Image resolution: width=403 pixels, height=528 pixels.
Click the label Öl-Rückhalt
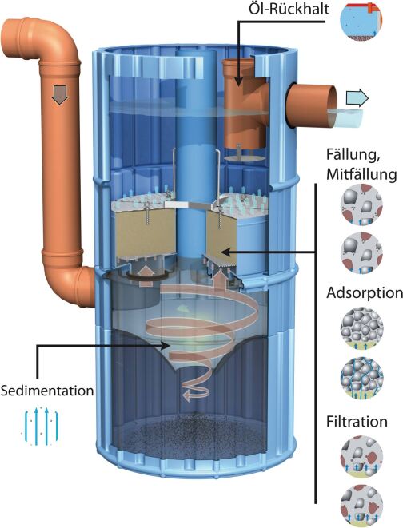289,9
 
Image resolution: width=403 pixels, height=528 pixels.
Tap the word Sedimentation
47,391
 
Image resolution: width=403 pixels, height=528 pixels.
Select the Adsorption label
365,293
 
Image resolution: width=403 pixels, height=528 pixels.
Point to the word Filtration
357,422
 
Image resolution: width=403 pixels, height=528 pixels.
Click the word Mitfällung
361,174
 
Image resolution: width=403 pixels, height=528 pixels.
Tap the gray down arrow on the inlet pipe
60,94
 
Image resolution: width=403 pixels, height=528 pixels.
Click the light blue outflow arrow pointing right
357,98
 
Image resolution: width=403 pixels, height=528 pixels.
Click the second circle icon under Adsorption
361,378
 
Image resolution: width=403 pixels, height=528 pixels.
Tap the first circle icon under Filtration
361,456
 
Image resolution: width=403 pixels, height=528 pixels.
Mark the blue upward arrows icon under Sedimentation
41,427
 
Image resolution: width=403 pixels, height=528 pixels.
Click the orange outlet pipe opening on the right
331,106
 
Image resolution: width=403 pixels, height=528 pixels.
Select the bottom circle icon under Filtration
361,506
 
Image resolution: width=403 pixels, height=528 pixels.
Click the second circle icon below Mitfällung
361,253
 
